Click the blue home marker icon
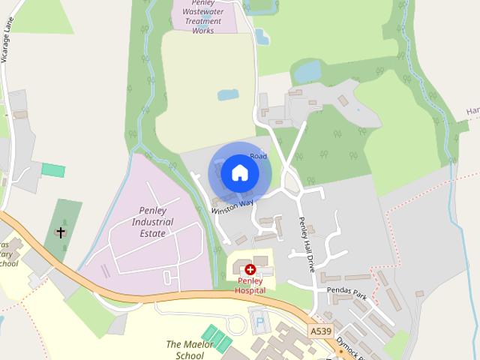tap(239, 173)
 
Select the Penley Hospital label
tap(250, 285)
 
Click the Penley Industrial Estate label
tap(152, 222)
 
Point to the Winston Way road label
tap(232, 206)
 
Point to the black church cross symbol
tap(61, 232)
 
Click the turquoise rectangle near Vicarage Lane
tap(52, 169)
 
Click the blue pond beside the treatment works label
tap(262, 36)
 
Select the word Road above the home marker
tap(259, 155)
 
